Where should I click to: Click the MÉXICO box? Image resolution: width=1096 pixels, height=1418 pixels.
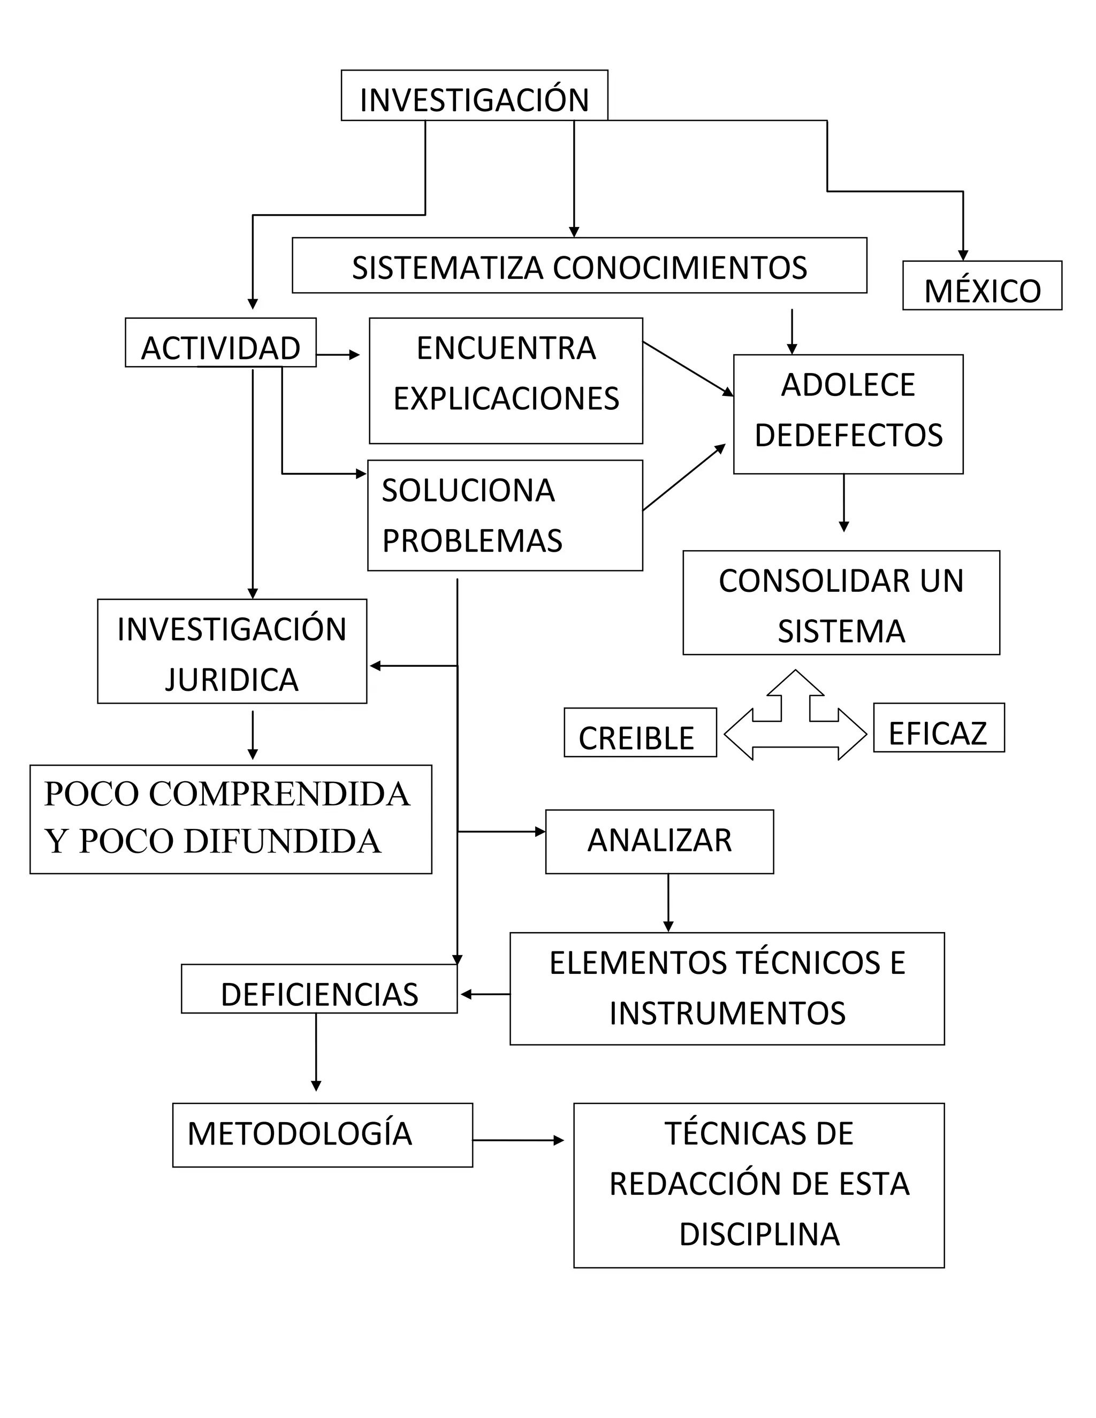click(x=981, y=286)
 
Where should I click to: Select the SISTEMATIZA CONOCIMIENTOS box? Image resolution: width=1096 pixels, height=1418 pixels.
click(x=579, y=265)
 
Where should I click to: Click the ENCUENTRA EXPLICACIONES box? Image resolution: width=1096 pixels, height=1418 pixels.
click(x=506, y=380)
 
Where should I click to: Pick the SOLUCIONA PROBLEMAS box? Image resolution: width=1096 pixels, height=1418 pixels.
click(x=505, y=515)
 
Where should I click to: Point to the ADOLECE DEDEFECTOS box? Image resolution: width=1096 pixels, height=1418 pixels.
click(x=848, y=414)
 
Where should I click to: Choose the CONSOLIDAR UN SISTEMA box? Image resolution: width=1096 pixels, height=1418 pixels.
click(x=841, y=603)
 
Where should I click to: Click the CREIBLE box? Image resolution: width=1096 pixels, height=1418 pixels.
click(x=640, y=733)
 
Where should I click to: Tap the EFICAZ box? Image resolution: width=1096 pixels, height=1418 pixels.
click(x=938, y=728)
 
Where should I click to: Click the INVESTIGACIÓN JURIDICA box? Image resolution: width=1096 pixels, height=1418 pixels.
click(x=232, y=651)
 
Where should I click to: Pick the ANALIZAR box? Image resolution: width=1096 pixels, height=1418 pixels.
click(x=659, y=842)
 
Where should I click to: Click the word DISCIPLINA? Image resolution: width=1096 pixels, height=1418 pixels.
click(x=759, y=1234)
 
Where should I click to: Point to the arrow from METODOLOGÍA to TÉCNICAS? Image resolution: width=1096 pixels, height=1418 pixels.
click(x=517, y=1140)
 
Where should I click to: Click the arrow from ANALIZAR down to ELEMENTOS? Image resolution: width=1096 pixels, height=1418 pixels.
click(x=668, y=903)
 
